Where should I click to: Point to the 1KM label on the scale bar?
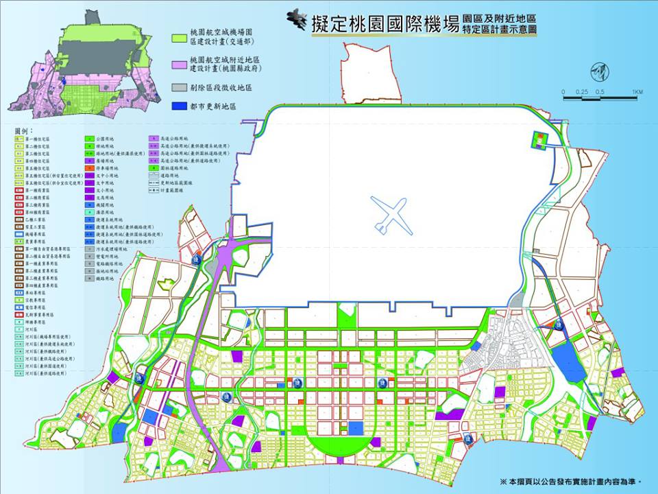point(637,91)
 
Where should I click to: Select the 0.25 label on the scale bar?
point(582,91)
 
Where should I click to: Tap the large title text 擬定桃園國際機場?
point(384,24)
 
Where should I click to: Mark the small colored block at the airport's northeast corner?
point(538,140)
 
